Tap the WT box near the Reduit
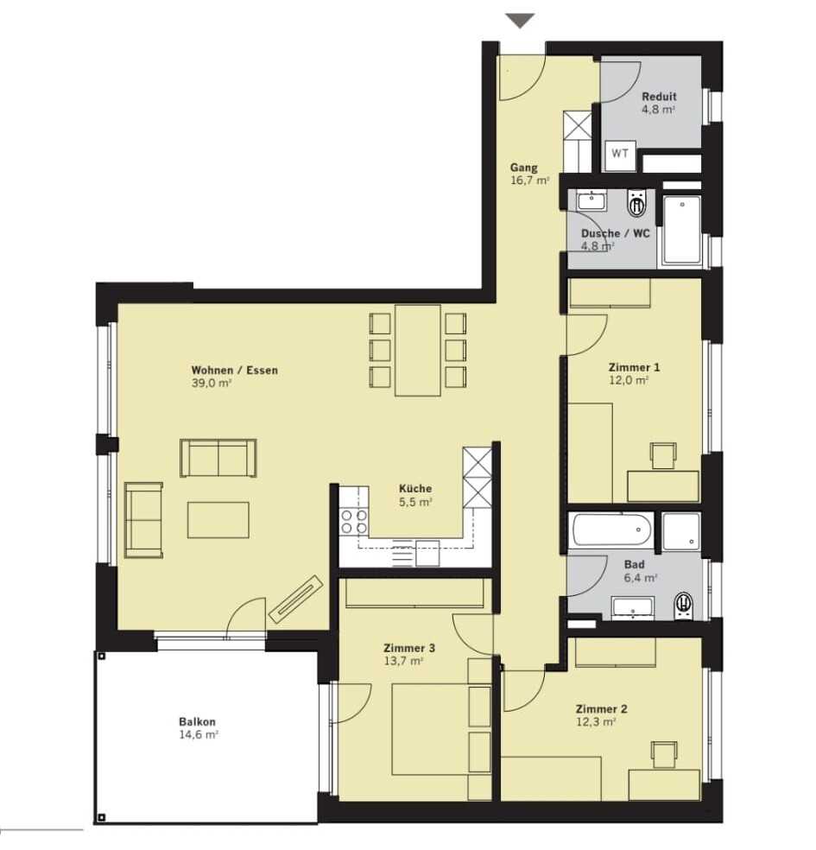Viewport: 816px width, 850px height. pyautogui.click(x=620, y=154)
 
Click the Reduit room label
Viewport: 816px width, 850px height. pyautogui.click(x=659, y=97)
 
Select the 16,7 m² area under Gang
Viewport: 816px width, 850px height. pyautogui.click(x=530, y=181)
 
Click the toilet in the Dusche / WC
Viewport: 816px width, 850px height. pyautogui.click(x=637, y=205)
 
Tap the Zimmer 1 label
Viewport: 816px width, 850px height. pyautogui.click(x=628, y=366)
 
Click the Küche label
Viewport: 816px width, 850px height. pyautogui.click(x=414, y=488)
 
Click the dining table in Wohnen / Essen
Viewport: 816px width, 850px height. pyautogui.click(x=418, y=350)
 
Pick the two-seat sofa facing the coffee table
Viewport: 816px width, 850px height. pyautogui.click(x=218, y=457)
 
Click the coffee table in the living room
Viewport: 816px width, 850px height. pyautogui.click(x=218, y=519)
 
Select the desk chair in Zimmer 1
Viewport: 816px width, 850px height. pyautogui.click(x=663, y=454)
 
